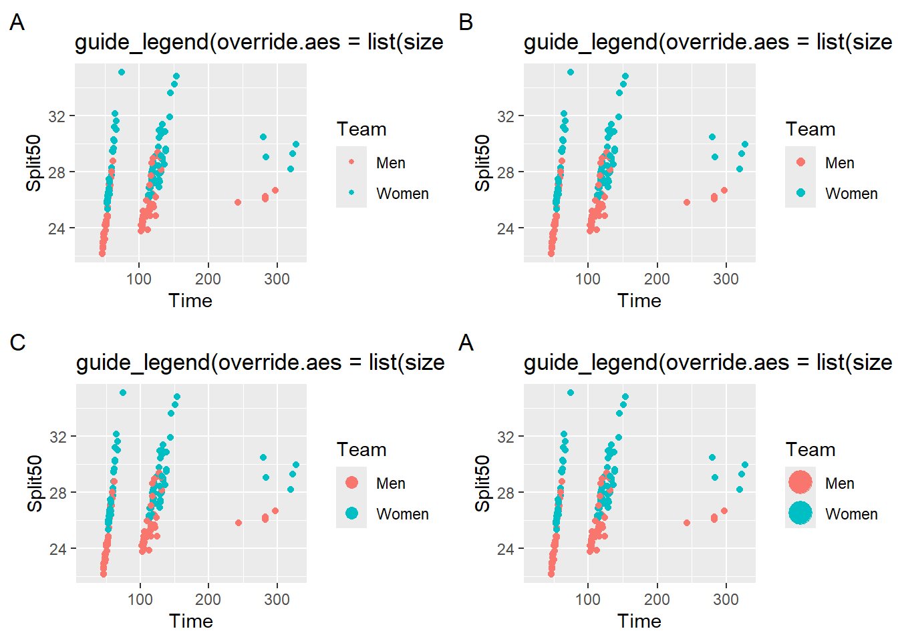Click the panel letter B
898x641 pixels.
coord(466,22)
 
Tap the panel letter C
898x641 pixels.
coord(17,343)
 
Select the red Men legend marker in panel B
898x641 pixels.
coord(800,162)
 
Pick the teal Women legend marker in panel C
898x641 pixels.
coord(351,513)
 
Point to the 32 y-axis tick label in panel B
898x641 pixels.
coord(506,117)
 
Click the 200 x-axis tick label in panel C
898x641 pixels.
coord(208,600)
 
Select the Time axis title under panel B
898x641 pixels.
coord(639,300)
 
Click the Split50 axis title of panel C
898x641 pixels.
coord(35,483)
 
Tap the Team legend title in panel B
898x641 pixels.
coord(810,129)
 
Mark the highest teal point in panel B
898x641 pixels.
coord(571,72)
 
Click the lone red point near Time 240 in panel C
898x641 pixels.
coord(239,523)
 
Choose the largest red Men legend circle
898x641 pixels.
coord(800,481)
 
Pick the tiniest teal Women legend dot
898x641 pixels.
coord(351,193)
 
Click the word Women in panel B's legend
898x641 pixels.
coord(851,194)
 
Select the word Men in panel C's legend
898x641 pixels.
coord(390,483)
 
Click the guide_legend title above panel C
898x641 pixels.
coord(260,363)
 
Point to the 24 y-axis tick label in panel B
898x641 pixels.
coord(506,229)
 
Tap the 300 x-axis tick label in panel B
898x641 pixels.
coord(726,279)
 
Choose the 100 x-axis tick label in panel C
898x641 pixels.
coord(140,600)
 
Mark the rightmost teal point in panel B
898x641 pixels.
coord(745,144)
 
